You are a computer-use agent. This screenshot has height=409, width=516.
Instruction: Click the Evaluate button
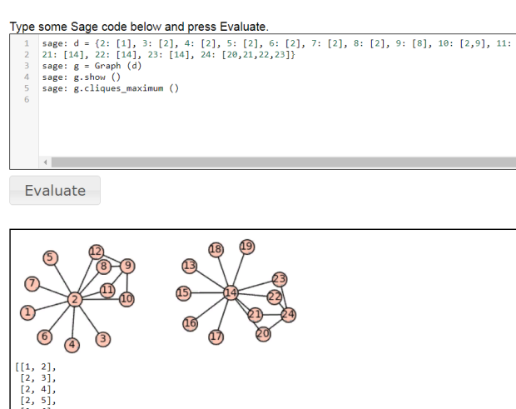[x=55, y=191]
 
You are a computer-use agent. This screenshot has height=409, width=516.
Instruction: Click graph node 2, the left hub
[x=74, y=299]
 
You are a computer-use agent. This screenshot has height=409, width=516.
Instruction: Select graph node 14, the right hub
[x=231, y=292]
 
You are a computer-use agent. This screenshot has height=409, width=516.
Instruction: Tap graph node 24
[x=288, y=314]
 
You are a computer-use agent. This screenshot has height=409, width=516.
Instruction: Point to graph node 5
[x=51, y=257]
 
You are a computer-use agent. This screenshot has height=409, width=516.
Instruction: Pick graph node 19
[x=246, y=246]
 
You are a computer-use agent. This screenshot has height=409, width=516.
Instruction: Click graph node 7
[x=32, y=284]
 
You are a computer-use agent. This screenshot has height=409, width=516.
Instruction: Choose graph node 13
[x=189, y=266]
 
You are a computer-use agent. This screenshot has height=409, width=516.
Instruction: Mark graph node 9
[x=127, y=267]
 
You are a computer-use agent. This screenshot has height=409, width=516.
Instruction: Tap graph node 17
[x=217, y=337]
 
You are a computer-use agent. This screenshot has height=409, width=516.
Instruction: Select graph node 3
[x=103, y=338]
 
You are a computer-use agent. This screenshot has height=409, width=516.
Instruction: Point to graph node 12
[x=96, y=252]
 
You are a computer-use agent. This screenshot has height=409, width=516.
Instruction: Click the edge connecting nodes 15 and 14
[x=206, y=292]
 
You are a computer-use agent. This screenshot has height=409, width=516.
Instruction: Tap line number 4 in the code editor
[x=27, y=77]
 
